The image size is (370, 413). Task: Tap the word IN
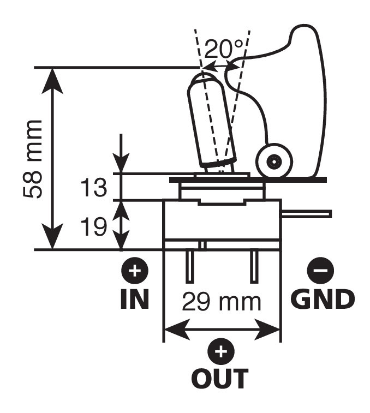(134, 299)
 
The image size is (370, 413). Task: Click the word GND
(323, 299)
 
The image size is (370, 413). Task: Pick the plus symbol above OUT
(221, 352)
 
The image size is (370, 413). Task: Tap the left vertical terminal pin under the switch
(189, 267)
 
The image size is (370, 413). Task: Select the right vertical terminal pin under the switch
(254, 267)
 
